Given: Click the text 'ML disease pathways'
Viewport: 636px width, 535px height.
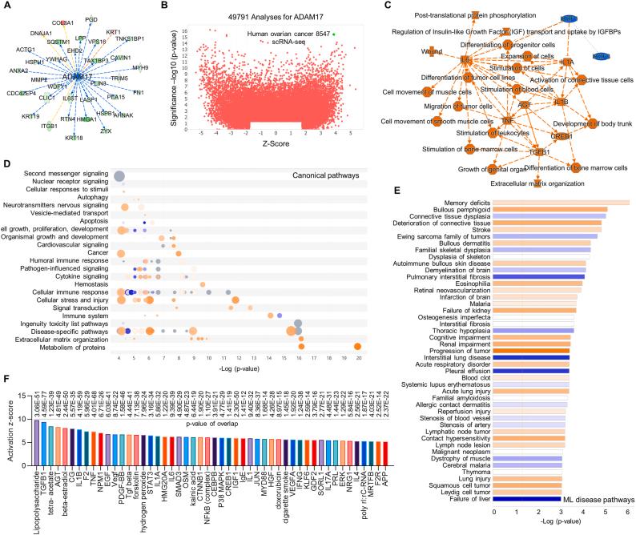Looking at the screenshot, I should click(x=594, y=499).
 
